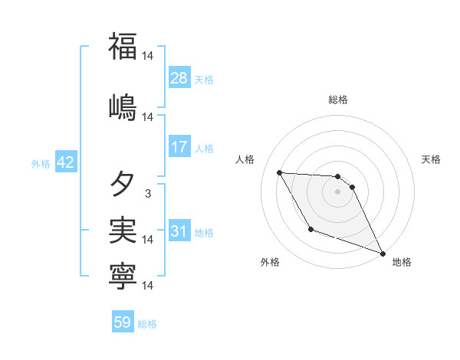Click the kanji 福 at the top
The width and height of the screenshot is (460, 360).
pyautogui.click(x=123, y=45)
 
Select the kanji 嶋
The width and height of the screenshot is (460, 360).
pyautogui.click(x=123, y=105)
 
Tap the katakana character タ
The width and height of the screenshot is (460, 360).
pyautogui.click(x=123, y=184)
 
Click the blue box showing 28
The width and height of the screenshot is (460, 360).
pyautogui.click(x=179, y=78)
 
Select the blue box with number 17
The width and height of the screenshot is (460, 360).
pyautogui.click(x=179, y=147)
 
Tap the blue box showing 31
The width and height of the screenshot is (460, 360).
pyautogui.click(x=179, y=231)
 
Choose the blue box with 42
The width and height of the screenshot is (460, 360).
pyautogui.click(x=64, y=163)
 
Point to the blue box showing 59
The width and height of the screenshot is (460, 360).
pyautogui.click(x=123, y=322)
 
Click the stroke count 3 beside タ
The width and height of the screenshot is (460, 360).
pyautogui.click(x=147, y=194)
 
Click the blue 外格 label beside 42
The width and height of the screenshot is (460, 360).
pyautogui.click(x=41, y=164)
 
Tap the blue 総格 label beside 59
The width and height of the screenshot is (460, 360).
pyautogui.click(x=147, y=324)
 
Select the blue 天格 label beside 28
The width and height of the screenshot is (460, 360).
pyautogui.click(x=204, y=80)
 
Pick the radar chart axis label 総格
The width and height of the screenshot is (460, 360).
pyautogui.click(x=337, y=100)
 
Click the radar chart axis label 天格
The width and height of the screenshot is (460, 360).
pyautogui.click(x=431, y=159)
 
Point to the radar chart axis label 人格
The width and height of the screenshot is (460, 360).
pyautogui.click(x=245, y=159)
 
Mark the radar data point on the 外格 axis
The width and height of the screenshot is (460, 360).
pyautogui.click(x=310, y=229)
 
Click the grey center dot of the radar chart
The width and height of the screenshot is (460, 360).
pyautogui.click(x=337, y=191)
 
